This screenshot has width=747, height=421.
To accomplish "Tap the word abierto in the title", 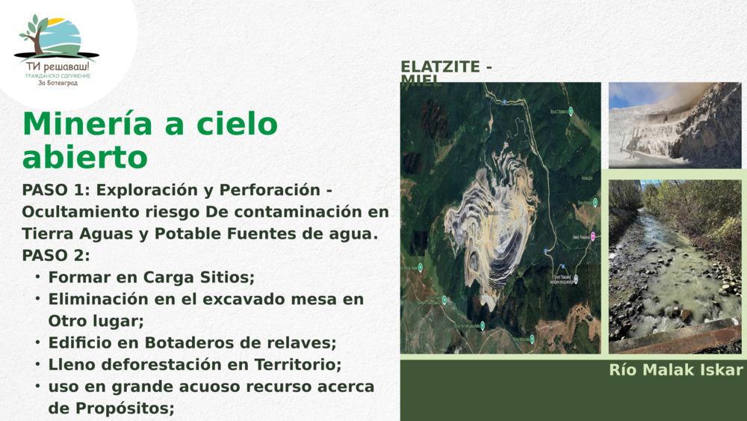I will [x=84, y=158].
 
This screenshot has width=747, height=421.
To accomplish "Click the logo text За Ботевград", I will [x=58, y=83].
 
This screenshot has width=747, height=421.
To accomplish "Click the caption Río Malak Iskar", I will [x=676, y=370].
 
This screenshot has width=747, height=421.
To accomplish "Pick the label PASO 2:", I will [x=56, y=255].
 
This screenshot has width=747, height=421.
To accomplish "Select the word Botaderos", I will [x=182, y=343].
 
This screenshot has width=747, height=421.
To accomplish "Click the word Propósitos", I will [x=125, y=408].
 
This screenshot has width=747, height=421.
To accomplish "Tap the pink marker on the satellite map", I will [x=593, y=236].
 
